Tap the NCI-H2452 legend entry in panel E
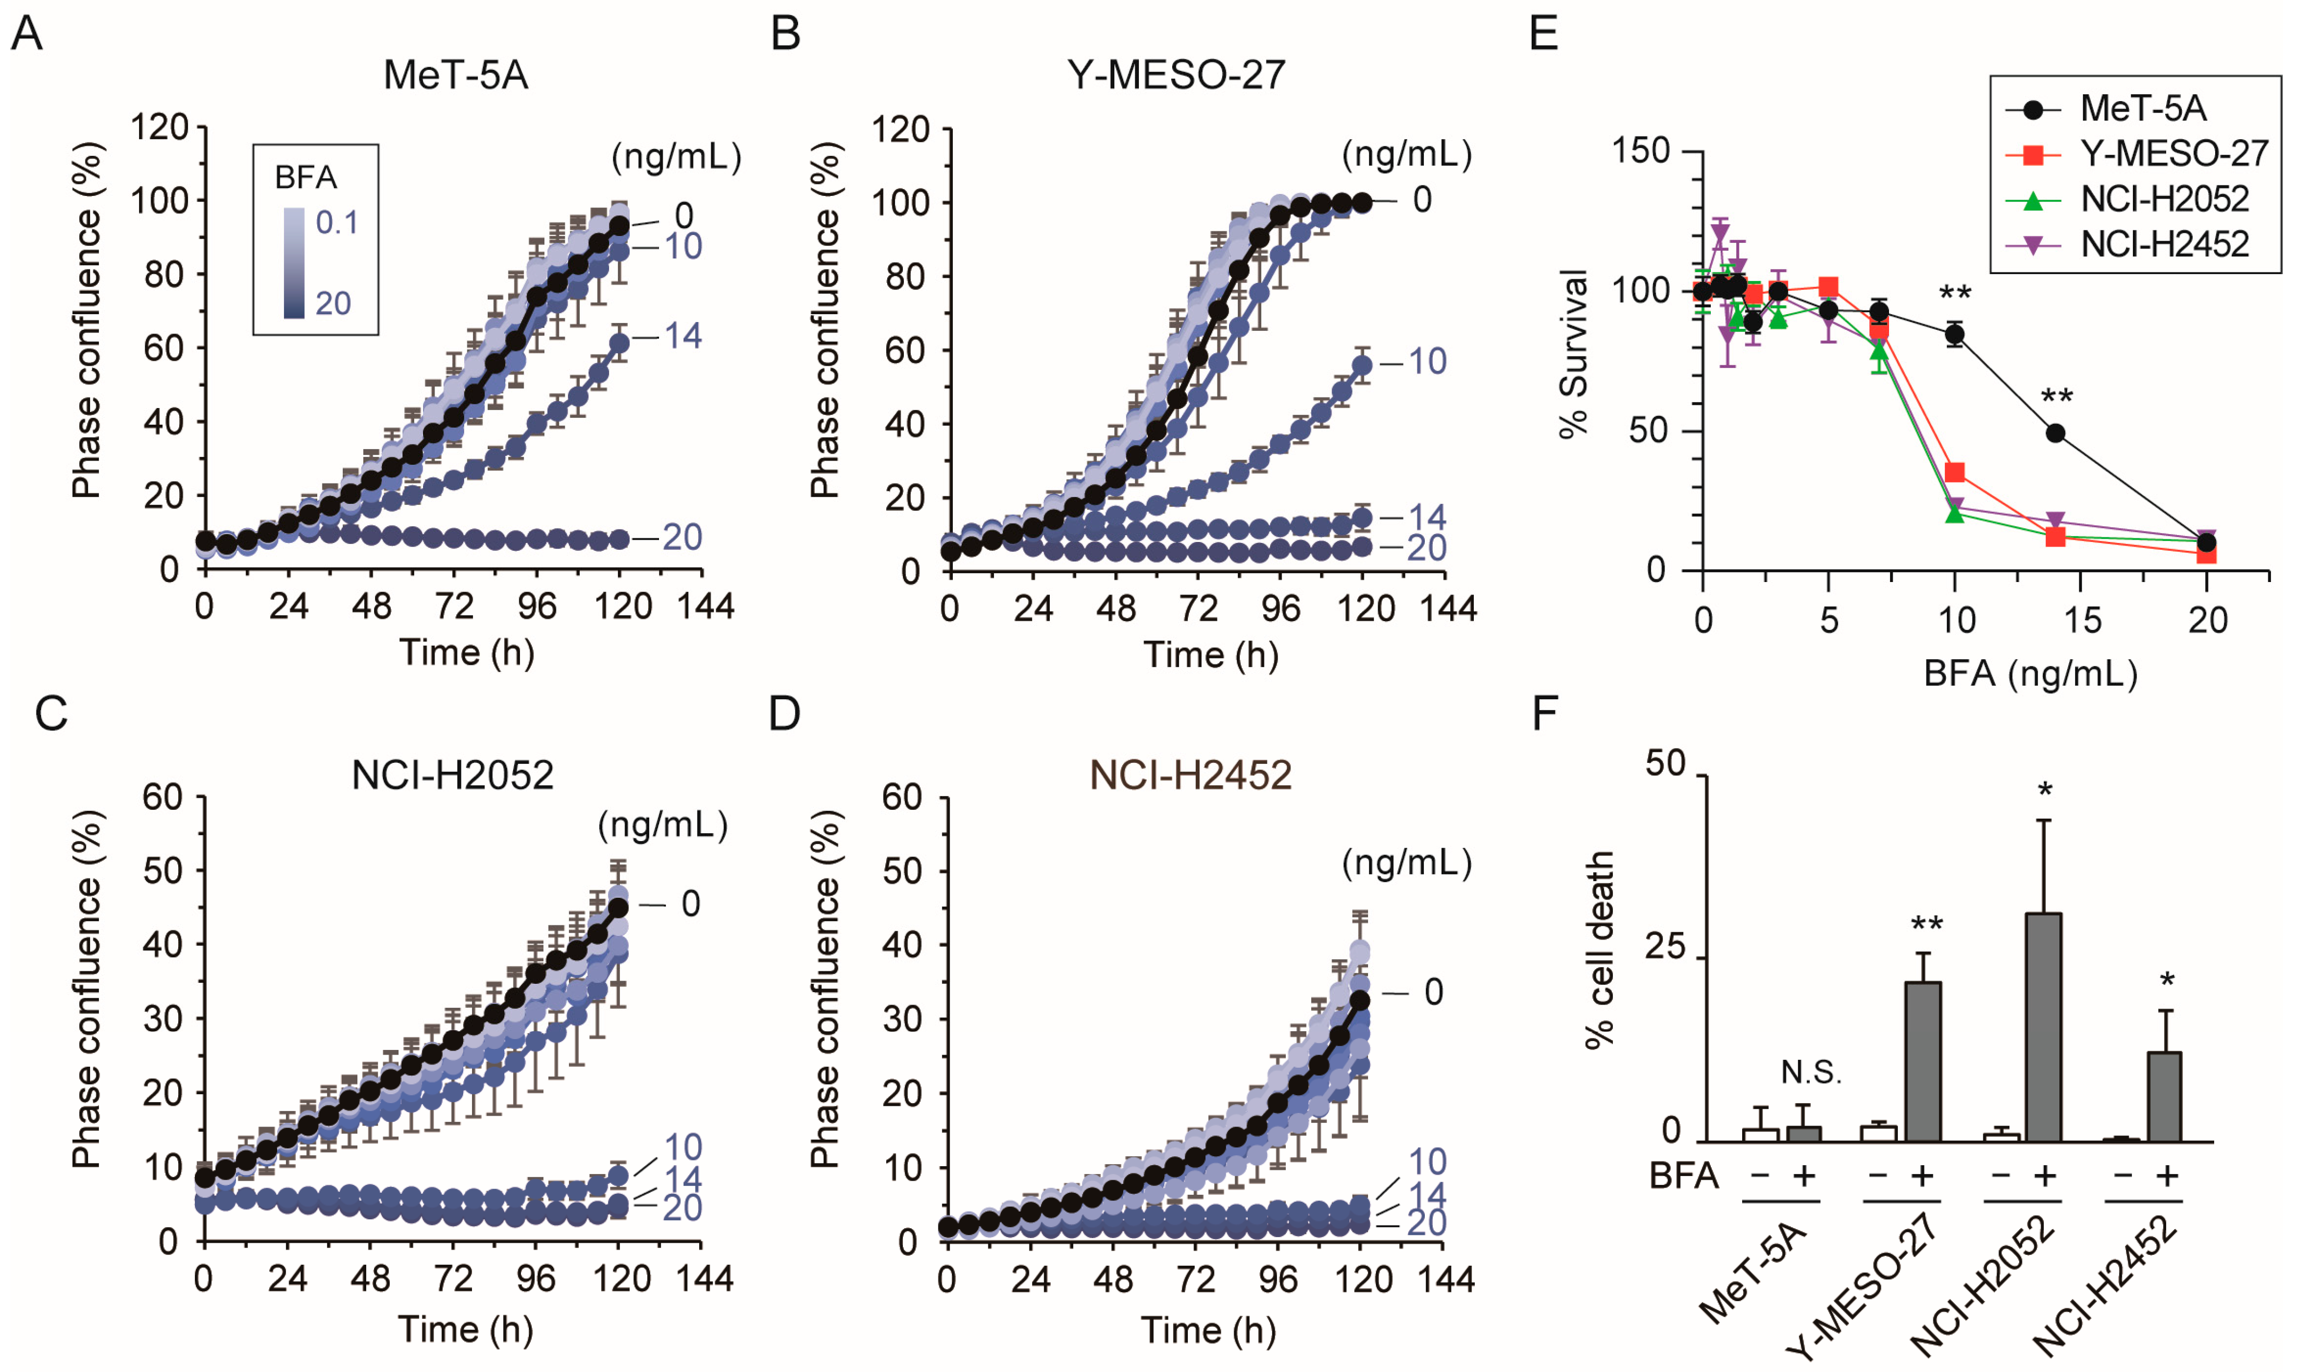[x=2164, y=244]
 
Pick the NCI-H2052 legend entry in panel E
[x=2164, y=199]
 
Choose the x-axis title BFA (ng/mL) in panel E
[x=2030, y=674]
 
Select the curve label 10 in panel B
[x=1427, y=362]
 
